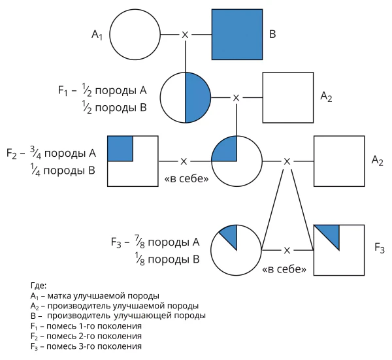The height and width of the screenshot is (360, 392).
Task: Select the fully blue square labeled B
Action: pos(237,35)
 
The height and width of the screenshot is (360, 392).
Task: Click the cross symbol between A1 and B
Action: pos(185,35)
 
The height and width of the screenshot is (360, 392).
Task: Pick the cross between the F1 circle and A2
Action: pos(237,98)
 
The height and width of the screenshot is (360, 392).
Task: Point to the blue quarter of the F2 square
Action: pos(120,148)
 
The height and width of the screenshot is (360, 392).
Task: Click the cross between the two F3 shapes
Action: pos(287,250)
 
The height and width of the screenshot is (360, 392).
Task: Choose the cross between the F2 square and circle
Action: pos(184,161)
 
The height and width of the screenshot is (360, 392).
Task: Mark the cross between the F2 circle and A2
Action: pos(287,161)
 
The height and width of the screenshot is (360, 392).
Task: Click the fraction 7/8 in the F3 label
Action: pos(140,242)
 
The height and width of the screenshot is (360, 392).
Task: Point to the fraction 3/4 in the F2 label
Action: pos(35,153)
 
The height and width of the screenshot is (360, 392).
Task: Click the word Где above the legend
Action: pos(39,286)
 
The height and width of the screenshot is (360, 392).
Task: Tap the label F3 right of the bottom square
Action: pos(380,248)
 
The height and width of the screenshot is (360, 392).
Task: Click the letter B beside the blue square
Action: pos(272,34)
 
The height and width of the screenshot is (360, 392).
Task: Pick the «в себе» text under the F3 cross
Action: pos(284,269)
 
